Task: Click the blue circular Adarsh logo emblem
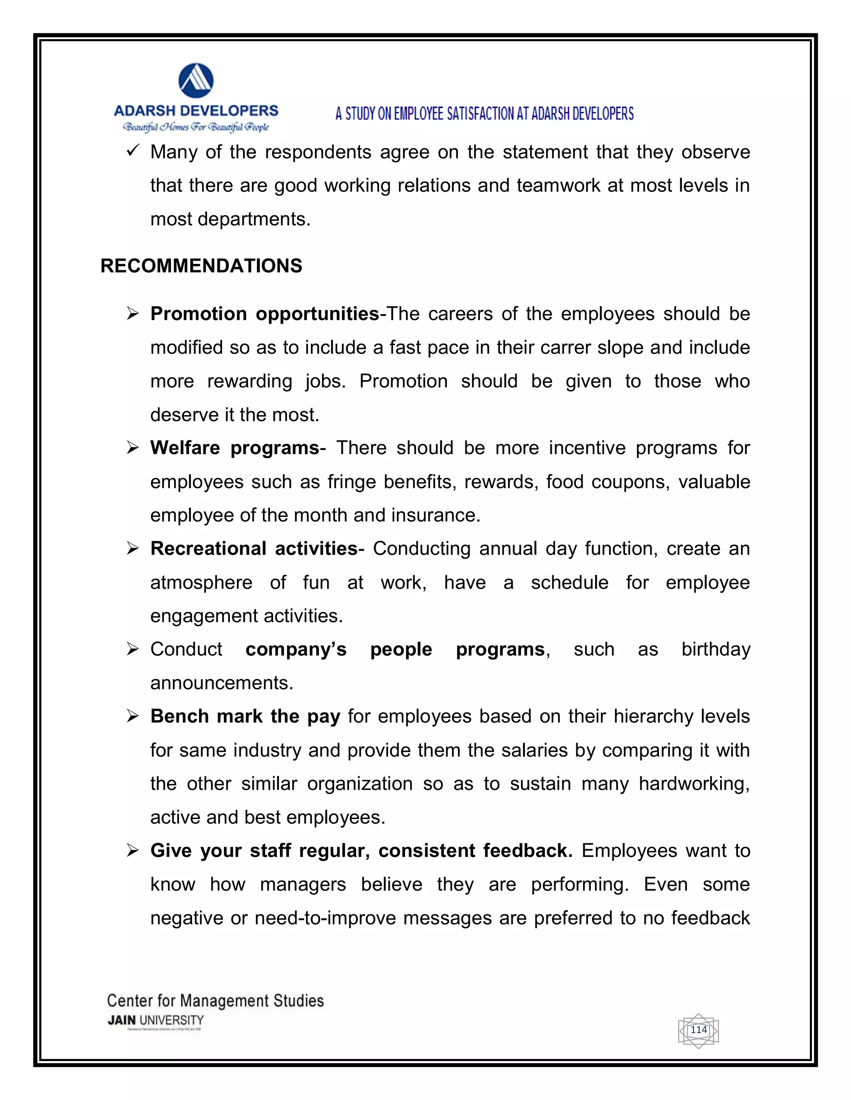[x=196, y=81]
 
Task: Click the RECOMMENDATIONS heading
[x=201, y=266]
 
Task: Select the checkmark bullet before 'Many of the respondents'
[x=133, y=151]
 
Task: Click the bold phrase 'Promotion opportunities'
[x=265, y=314]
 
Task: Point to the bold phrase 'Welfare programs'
[x=234, y=448]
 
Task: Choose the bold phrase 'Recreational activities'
[x=254, y=548]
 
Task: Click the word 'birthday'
[x=716, y=649]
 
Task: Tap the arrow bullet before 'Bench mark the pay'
[x=133, y=716]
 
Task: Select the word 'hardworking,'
[x=694, y=784]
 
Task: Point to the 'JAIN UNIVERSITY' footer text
[x=155, y=1020]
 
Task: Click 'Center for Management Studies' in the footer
[x=215, y=1000]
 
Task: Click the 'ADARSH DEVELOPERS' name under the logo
[x=196, y=111]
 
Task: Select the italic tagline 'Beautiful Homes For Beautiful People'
[x=196, y=127]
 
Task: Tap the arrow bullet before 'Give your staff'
[x=133, y=851]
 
